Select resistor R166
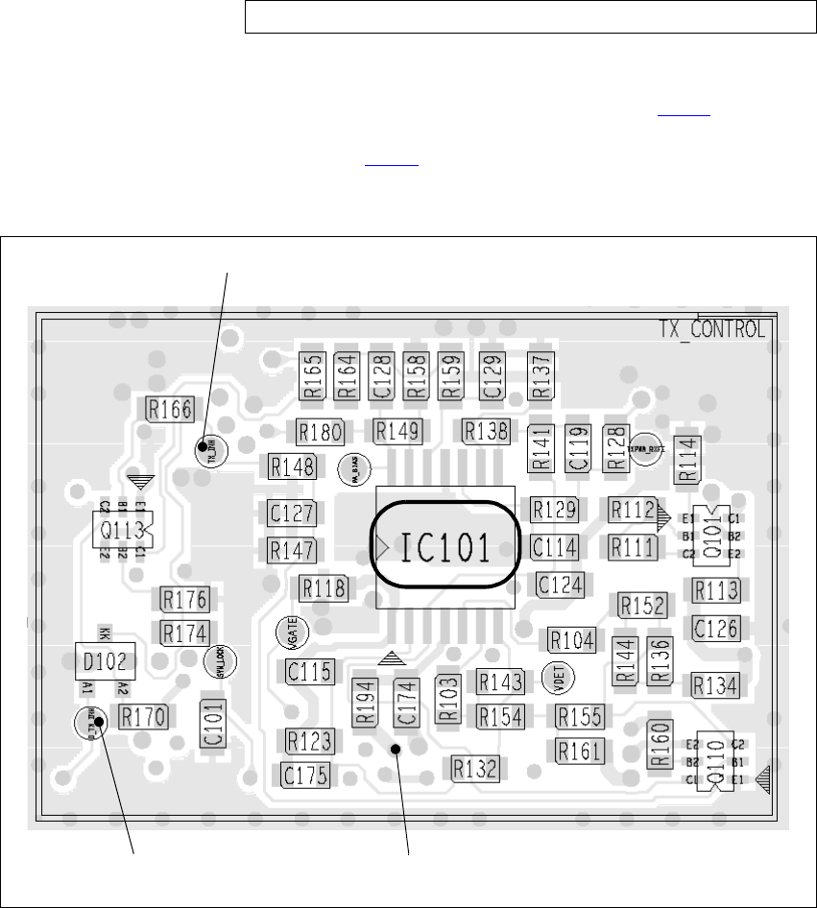coord(168,409)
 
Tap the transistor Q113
coord(122,528)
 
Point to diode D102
coord(106,661)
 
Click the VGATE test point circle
coord(291,633)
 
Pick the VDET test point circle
coord(555,678)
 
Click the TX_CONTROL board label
coord(711,329)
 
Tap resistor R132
coord(476,767)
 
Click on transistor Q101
coord(711,537)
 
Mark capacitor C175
coord(306,776)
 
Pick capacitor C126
coord(715,628)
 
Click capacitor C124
coord(560,585)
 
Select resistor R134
coord(715,684)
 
